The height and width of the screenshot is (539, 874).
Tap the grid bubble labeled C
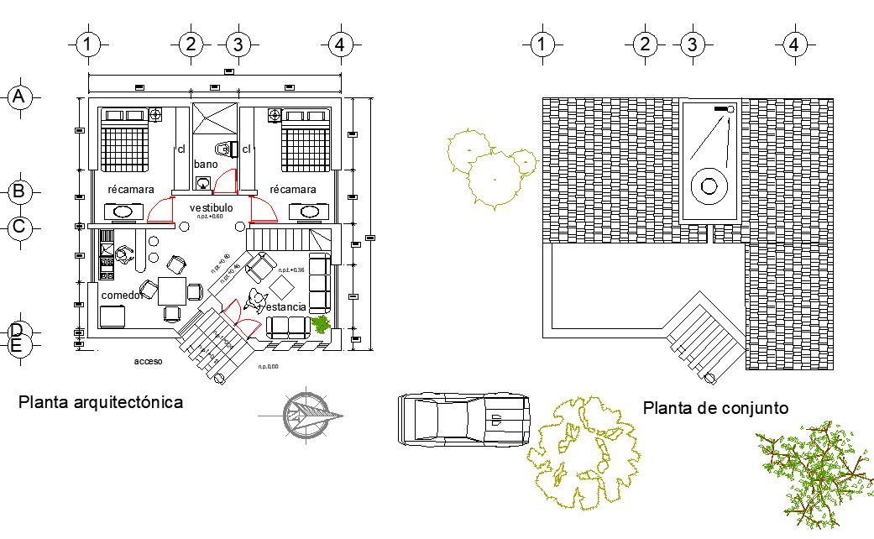[19, 227]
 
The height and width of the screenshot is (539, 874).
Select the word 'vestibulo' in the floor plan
[211, 207]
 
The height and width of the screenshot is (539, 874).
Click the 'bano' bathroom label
[206, 165]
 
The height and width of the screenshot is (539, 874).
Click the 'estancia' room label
[286, 307]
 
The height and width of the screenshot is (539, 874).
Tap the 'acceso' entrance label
[148, 361]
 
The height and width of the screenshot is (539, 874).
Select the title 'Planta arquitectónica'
[101, 402]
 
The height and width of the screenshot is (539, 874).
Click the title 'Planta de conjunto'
[715, 408]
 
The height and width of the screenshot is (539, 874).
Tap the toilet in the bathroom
[222, 149]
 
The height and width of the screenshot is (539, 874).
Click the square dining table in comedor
[173, 291]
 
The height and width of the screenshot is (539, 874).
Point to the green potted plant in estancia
[320, 323]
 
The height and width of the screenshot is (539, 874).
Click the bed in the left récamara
[126, 139]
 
